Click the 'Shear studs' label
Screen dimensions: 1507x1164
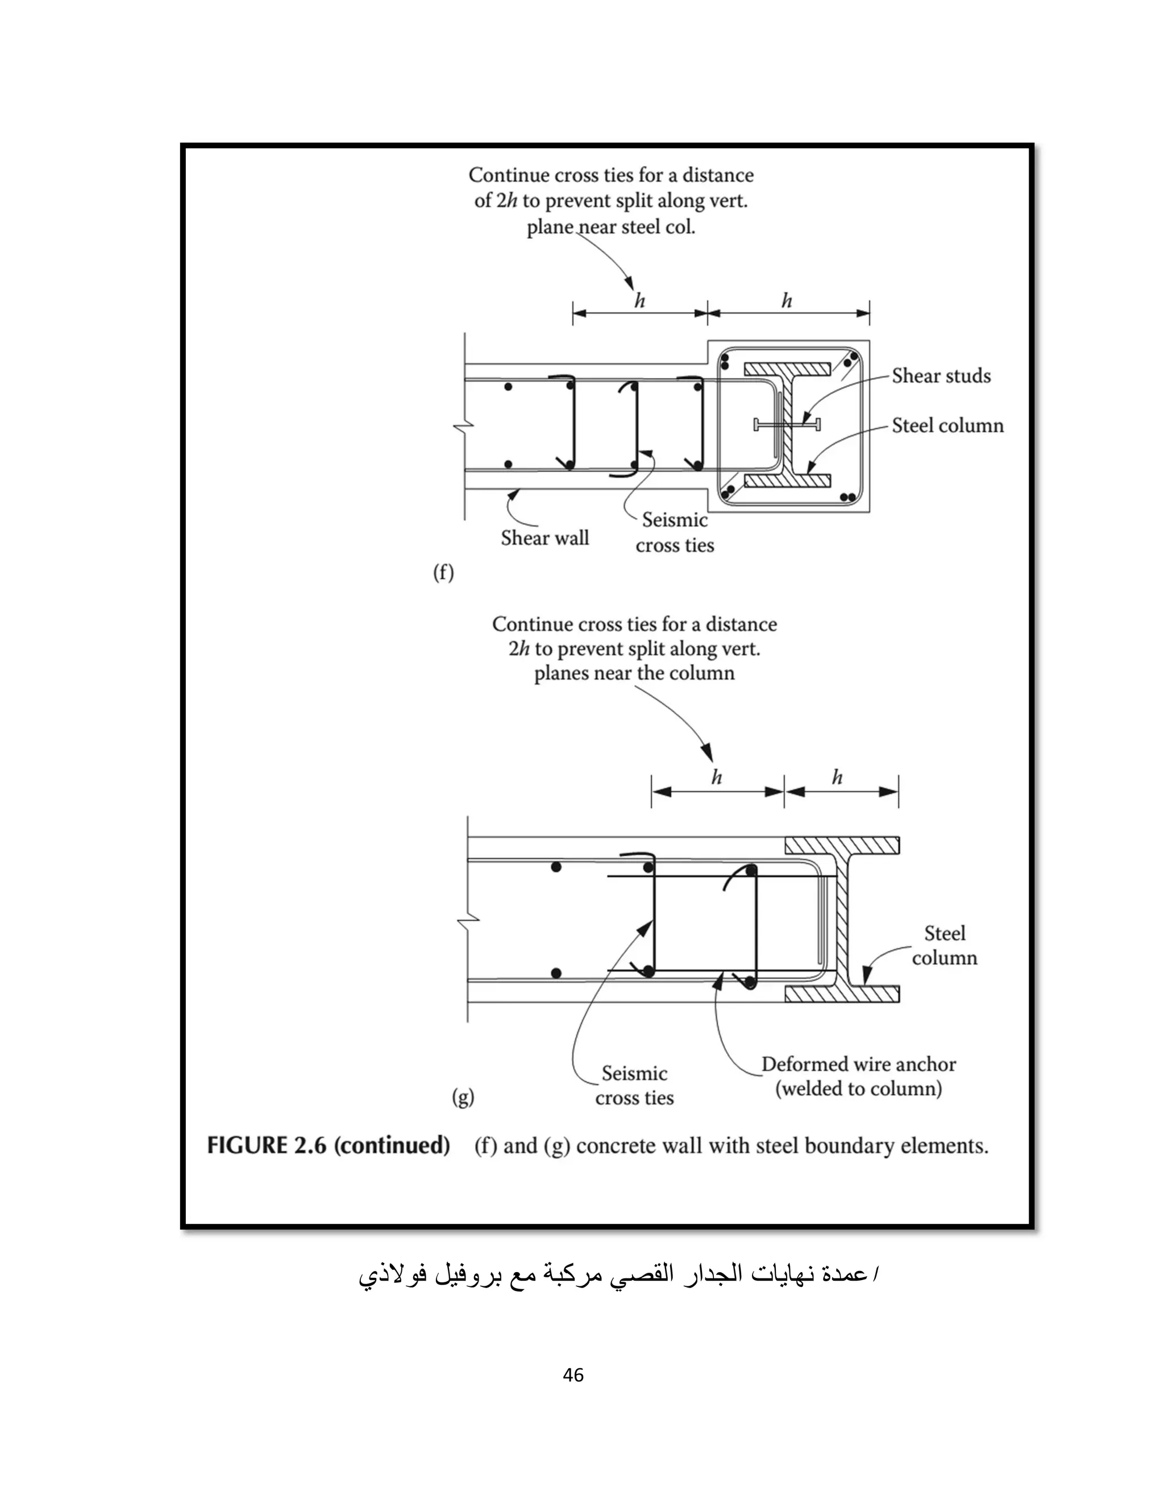pos(941,376)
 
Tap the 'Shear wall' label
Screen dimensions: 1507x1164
pos(544,538)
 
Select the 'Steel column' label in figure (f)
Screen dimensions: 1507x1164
pos(947,426)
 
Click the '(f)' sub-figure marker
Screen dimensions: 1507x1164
pos(443,573)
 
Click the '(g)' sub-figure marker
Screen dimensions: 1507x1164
pos(463,1096)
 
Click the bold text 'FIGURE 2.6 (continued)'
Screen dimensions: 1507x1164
pos(329,1146)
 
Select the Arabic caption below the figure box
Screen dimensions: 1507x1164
pos(618,1274)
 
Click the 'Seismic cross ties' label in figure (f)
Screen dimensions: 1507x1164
pos(675,533)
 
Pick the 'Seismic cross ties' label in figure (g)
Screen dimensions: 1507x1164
pos(634,1086)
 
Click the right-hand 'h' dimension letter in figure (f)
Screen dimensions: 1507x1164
pos(787,301)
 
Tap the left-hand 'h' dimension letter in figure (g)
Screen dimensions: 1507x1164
pos(717,777)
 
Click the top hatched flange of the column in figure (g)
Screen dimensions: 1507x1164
pos(841,844)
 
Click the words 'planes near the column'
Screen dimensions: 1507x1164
pos(634,673)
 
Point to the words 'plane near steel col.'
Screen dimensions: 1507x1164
pos(611,227)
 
